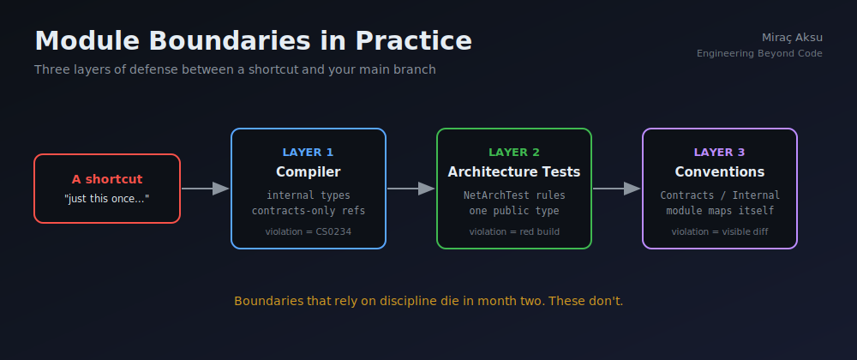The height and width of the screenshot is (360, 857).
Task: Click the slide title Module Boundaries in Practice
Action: click(x=253, y=41)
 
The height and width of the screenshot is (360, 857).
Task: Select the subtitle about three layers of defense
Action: click(x=235, y=70)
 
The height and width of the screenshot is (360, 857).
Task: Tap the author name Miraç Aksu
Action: click(x=792, y=38)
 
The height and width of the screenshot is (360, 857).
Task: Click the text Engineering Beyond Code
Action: click(x=759, y=53)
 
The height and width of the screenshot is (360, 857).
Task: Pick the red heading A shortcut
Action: click(x=107, y=179)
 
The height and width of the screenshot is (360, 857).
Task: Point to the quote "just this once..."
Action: click(x=106, y=199)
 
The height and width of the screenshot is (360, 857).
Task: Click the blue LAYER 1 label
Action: click(x=308, y=153)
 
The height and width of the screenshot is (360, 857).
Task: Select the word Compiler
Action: click(x=309, y=172)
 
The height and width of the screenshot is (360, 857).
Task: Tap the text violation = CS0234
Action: click(x=309, y=231)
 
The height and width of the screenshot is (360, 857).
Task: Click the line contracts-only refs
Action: click(x=309, y=211)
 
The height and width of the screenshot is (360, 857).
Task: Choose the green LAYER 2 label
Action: click(x=513, y=153)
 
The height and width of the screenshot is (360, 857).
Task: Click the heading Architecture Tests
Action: click(x=513, y=172)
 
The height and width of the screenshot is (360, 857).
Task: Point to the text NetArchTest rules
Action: click(x=514, y=195)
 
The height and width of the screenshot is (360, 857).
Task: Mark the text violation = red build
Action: click(x=514, y=231)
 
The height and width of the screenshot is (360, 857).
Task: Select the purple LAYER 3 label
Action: click(x=719, y=153)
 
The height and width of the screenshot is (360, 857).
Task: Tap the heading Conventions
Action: click(x=719, y=172)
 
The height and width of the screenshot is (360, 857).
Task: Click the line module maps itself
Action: click(x=720, y=211)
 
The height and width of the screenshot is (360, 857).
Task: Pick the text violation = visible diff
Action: click(x=720, y=231)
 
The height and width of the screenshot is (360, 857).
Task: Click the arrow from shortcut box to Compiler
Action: click(x=206, y=189)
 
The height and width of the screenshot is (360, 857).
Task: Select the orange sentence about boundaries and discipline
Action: click(x=428, y=301)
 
